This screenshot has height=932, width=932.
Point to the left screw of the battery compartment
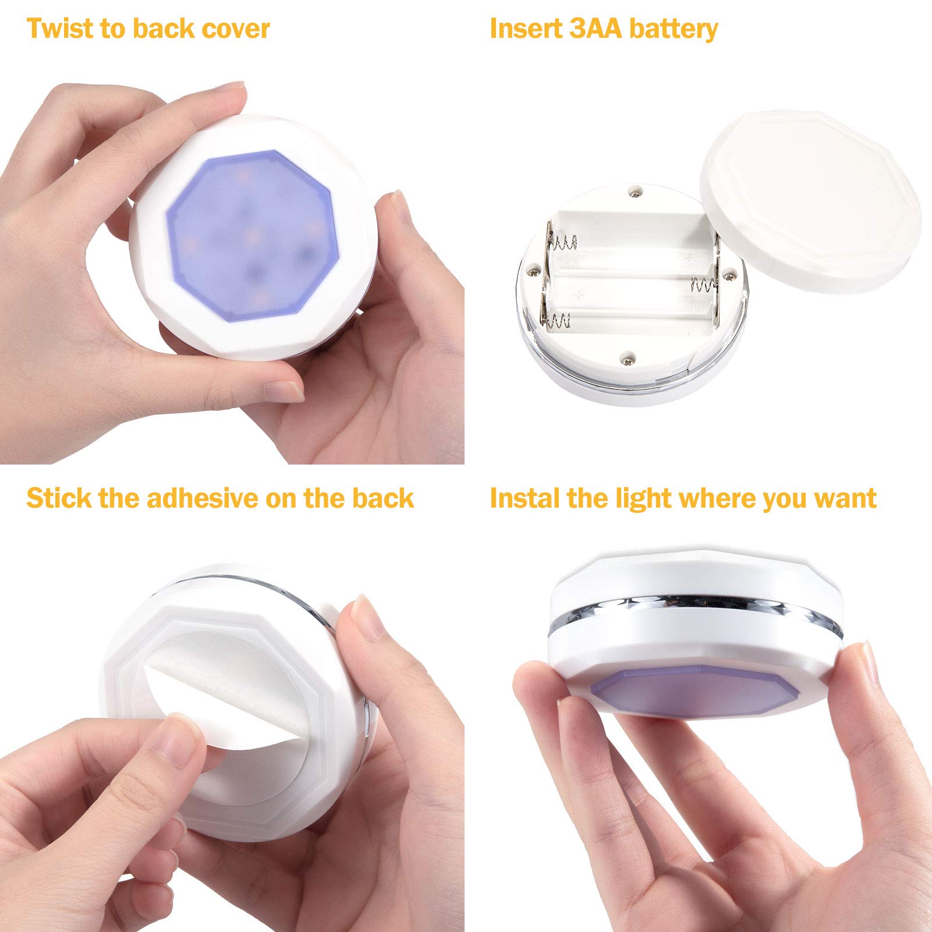coord(532,270)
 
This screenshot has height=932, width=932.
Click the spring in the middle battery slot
coord(703,285)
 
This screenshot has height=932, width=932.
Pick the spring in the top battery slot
coord(563,242)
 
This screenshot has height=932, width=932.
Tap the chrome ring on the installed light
coord(694,611)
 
